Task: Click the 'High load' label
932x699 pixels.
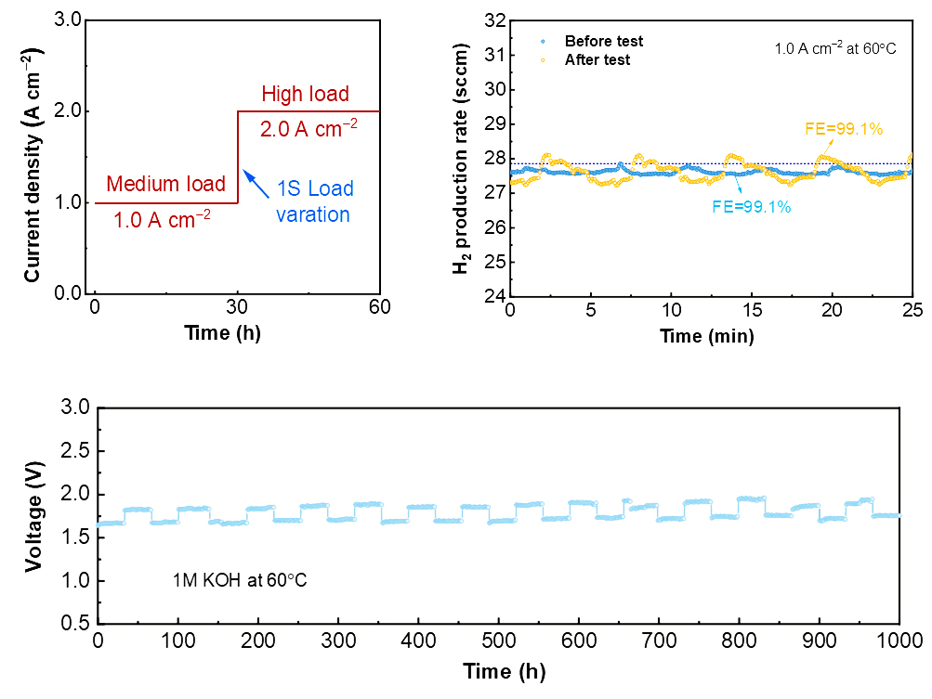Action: click(x=305, y=94)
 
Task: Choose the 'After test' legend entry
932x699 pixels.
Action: click(x=597, y=59)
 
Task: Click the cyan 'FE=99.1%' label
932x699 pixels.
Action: click(x=752, y=207)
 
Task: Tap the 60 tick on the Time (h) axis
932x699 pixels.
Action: click(x=379, y=308)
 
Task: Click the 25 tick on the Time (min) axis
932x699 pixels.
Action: click(x=912, y=308)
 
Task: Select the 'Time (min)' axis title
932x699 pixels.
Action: click(x=707, y=334)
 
